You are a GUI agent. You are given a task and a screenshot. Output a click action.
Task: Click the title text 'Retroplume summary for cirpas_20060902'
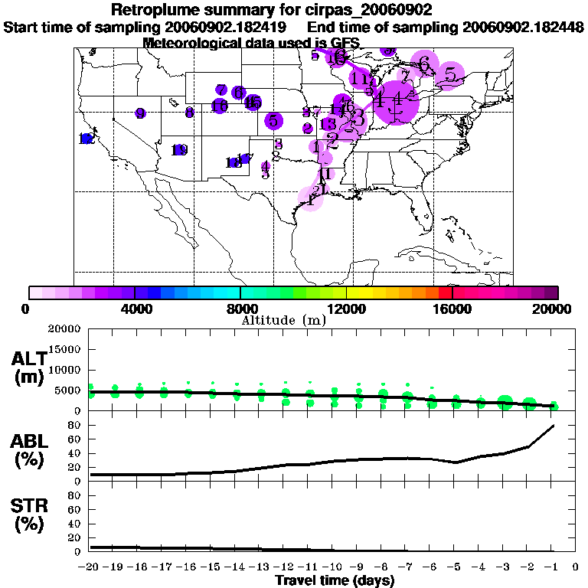click(272, 10)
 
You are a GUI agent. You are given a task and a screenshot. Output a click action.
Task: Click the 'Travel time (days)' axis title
click(335, 580)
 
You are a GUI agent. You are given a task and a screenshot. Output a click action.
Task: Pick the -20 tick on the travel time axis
click(90, 567)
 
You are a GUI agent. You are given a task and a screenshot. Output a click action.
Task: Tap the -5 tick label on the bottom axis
click(456, 567)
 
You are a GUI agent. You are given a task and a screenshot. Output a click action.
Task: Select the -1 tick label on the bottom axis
click(553, 567)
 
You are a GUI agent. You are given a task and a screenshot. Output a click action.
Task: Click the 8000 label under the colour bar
click(240, 309)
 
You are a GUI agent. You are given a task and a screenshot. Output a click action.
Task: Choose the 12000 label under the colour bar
click(346, 309)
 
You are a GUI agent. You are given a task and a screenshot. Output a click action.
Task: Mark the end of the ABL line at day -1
click(553, 425)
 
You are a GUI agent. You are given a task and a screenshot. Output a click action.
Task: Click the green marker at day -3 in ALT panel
click(505, 402)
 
